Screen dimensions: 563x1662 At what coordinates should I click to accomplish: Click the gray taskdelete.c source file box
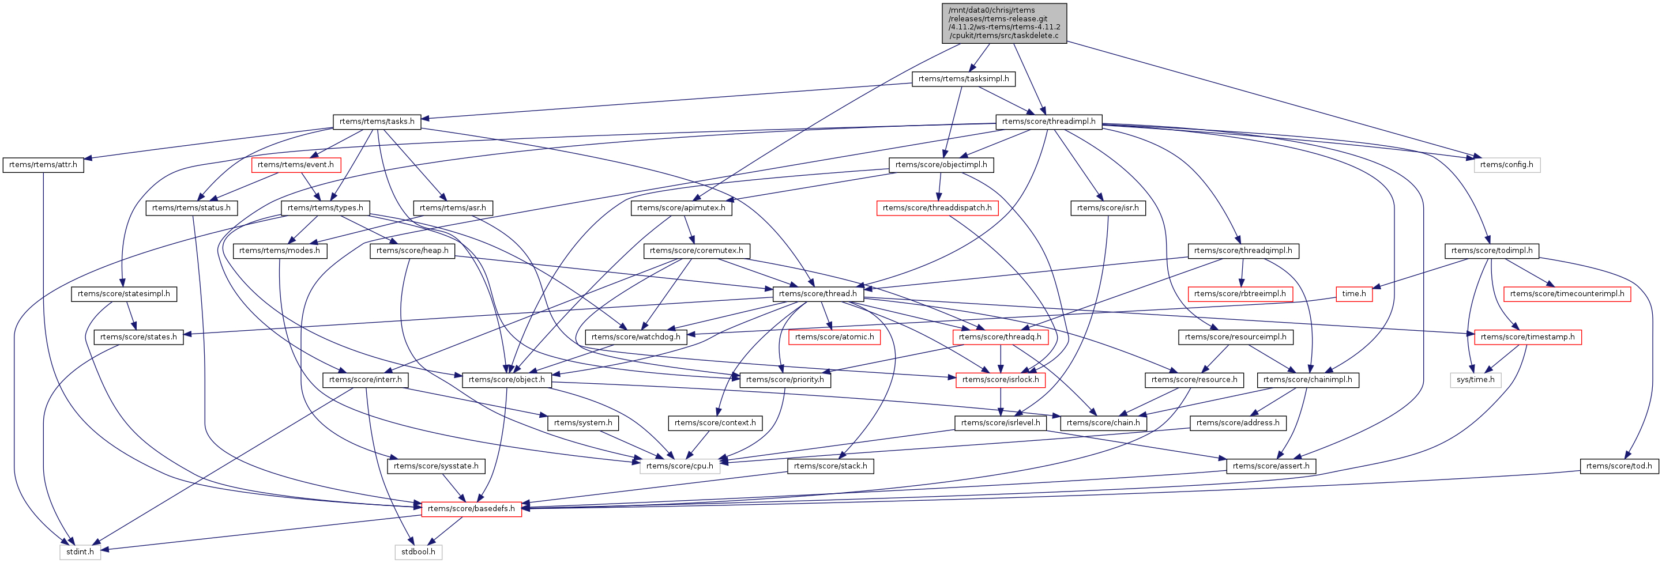coord(1004,23)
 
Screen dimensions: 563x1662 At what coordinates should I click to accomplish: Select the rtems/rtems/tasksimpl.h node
coord(963,79)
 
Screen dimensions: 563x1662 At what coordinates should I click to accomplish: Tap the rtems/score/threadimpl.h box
coord(1048,121)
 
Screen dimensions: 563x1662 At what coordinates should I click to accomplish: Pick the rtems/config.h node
coord(1506,164)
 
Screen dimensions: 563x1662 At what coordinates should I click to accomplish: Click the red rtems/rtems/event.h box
coord(295,164)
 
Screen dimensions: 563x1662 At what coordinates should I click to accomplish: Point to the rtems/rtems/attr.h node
coord(43,164)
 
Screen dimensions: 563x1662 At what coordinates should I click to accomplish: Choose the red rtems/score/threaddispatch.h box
coord(937,207)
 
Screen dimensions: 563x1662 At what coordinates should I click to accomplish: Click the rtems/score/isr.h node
coord(1108,207)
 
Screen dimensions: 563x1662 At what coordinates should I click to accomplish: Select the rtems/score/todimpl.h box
coord(1492,250)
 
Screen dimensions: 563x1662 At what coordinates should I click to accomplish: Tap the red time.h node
coord(1353,293)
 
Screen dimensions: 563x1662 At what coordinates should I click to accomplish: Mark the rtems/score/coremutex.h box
coord(696,250)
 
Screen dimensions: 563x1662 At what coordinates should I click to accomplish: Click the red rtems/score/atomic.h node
coord(834,337)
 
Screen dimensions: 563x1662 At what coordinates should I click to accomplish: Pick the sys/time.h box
coord(1476,379)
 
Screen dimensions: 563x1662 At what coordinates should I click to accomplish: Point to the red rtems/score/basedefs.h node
coord(471,508)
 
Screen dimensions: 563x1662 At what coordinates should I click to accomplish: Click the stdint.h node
coord(80,551)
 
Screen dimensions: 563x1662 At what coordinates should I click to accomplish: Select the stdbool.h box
coord(418,551)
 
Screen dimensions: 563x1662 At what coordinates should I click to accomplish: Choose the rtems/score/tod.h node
coord(1619,466)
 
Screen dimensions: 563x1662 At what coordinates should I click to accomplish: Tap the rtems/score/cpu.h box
coord(679,466)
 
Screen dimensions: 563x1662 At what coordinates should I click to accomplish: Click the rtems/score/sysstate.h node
coord(435,466)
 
